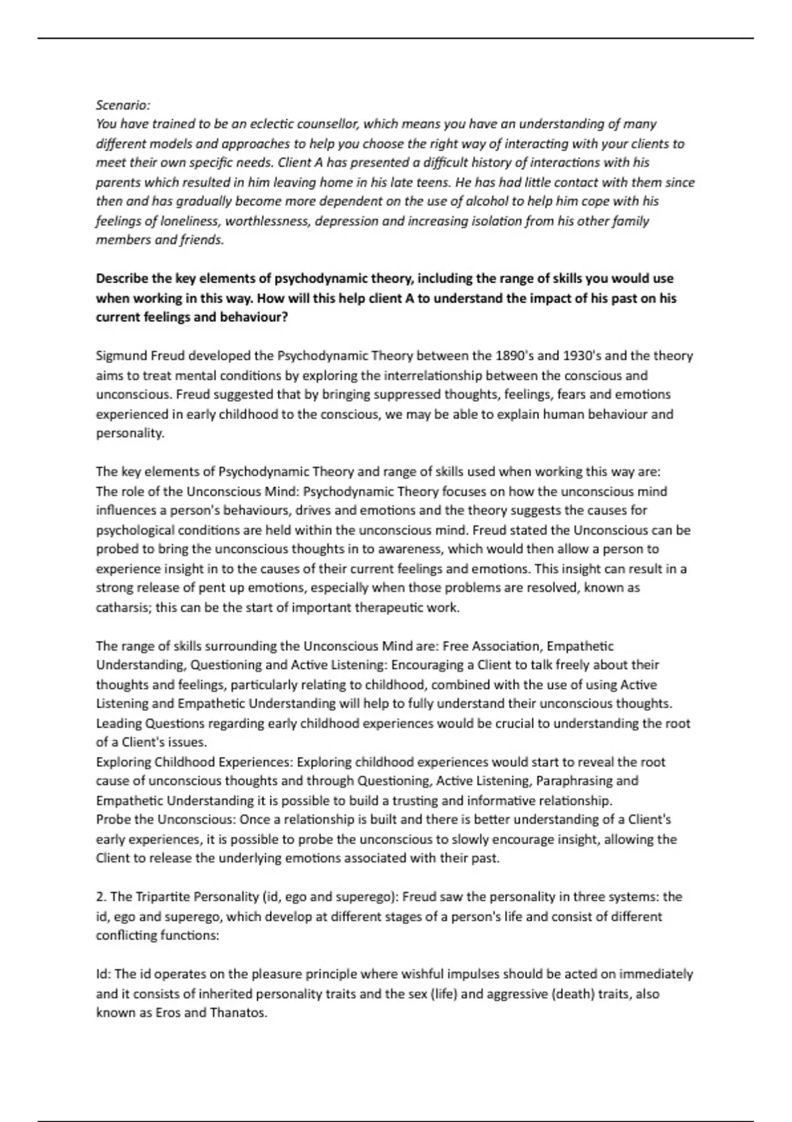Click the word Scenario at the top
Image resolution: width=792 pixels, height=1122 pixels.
(123, 105)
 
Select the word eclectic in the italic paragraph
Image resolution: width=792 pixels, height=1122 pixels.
(267, 124)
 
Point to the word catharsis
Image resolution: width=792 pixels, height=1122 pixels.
(122, 607)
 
